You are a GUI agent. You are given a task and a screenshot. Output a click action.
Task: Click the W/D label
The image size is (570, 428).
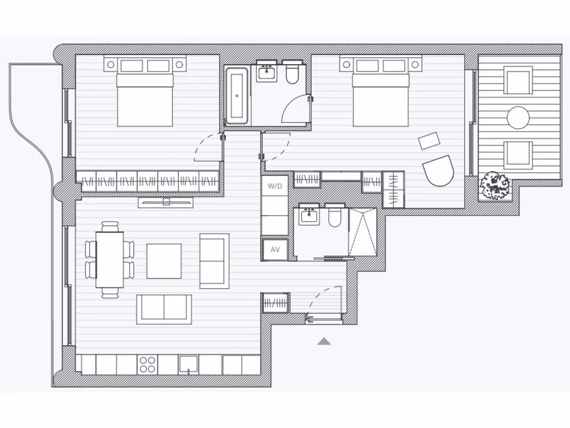click(275, 186)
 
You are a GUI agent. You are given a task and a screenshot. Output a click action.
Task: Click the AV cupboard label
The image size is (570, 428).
click(275, 249)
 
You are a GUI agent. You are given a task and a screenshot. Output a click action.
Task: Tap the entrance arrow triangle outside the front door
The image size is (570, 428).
click(324, 341)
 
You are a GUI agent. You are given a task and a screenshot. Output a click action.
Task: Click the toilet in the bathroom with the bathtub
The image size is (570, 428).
click(292, 73)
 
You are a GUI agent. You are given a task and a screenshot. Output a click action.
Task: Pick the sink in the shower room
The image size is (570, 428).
click(309, 215)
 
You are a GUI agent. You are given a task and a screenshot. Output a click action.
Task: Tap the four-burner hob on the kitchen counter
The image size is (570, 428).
click(148, 364)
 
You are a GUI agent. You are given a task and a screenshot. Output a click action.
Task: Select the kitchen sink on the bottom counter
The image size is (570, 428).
click(189, 365)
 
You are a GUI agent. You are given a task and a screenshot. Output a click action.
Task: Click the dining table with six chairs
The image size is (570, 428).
click(110, 260)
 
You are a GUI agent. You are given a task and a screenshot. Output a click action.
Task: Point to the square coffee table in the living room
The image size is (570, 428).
click(164, 261)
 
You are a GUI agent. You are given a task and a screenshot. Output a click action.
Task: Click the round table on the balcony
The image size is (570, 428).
click(518, 118)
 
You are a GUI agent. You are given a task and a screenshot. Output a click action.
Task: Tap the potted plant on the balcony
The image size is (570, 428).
click(494, 185)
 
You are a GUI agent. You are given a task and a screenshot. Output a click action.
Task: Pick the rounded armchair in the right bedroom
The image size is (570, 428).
click(438, 171)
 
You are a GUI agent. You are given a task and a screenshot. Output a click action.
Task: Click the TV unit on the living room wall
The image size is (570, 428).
click(165, 202)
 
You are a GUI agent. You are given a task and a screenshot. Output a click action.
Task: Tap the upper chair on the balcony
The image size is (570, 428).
click(518, 80)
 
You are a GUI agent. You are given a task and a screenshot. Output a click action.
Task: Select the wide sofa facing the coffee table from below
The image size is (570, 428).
click(164, 309)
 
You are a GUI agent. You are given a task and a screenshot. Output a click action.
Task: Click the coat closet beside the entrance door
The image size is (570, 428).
click(276, 303)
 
